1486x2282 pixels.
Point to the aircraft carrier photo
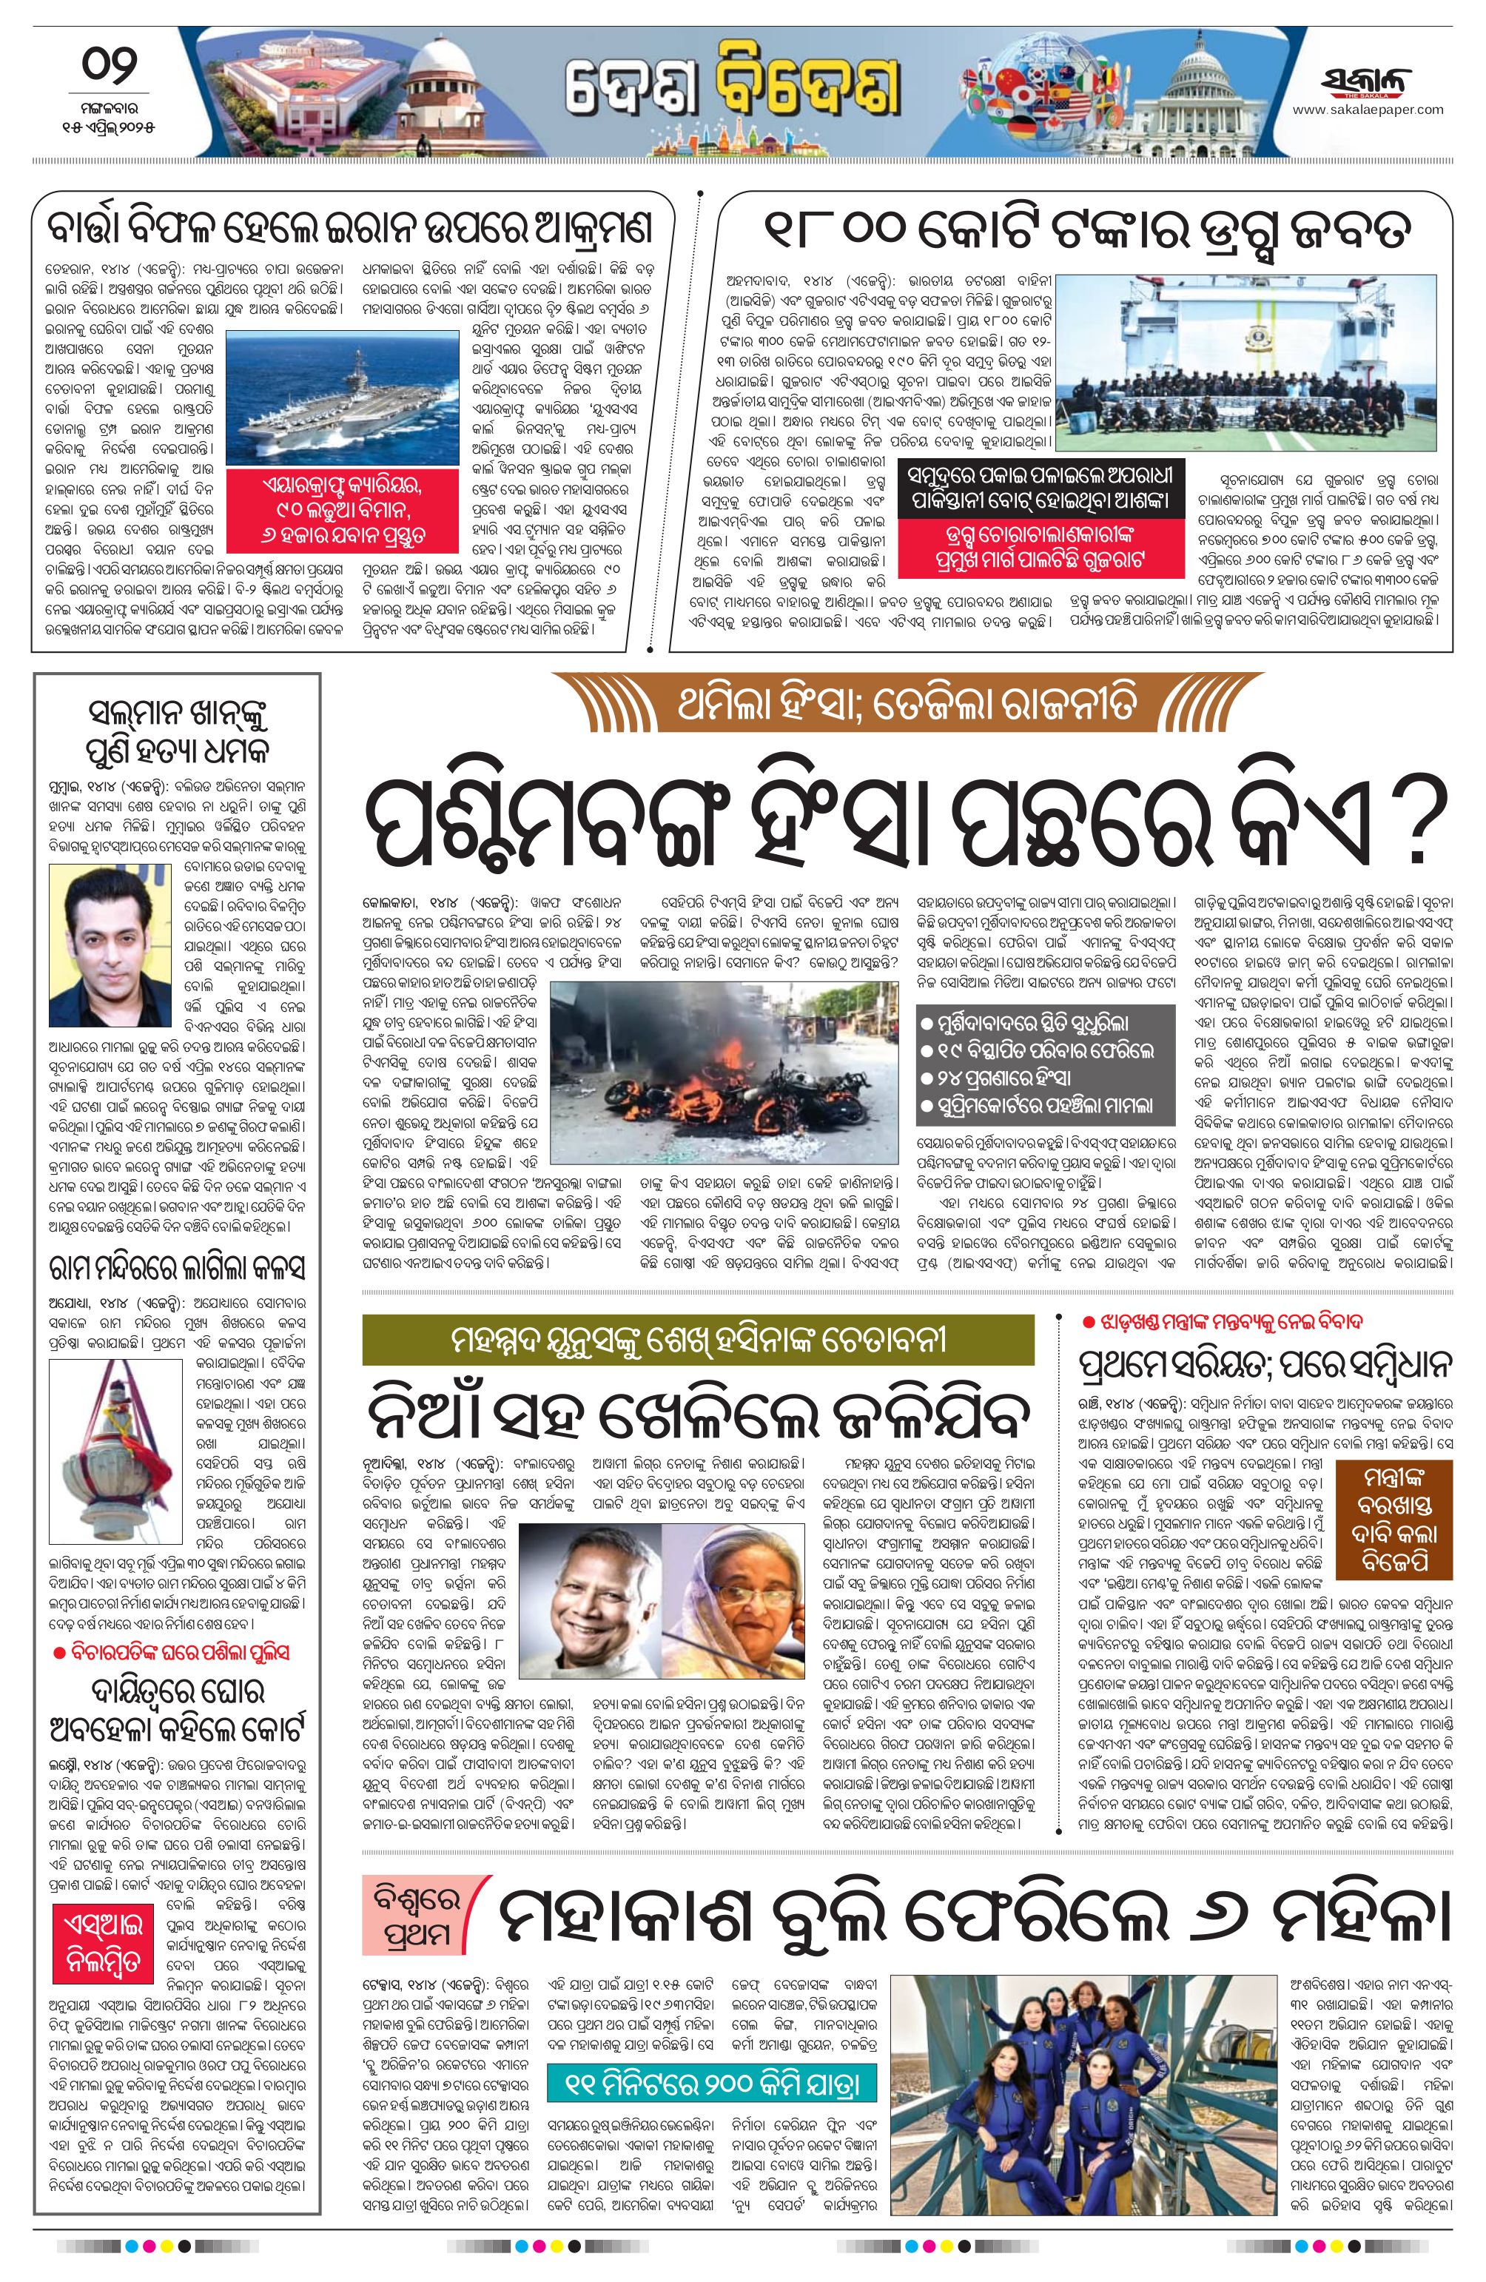tap(341, 397)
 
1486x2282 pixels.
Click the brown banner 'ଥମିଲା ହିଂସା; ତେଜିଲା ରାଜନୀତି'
tap(907, 705)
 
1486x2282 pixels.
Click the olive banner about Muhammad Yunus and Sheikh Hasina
tap(697, 1340)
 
